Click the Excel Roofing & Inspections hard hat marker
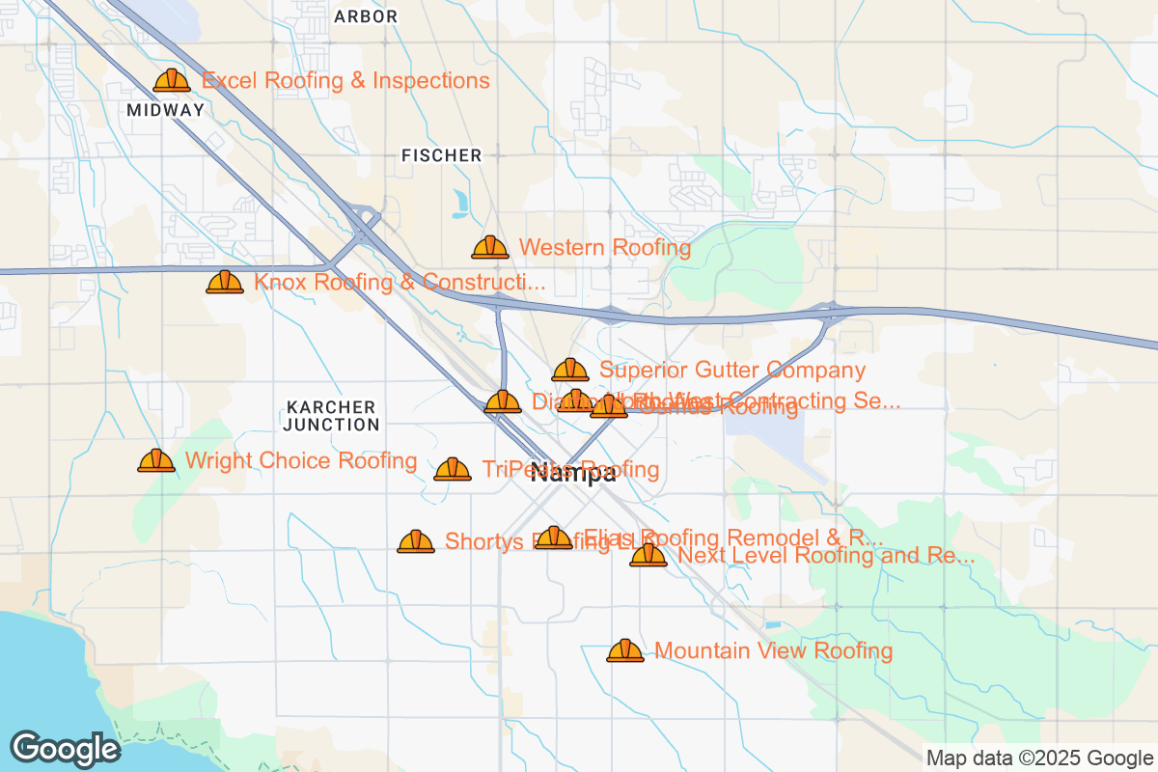coord(172,81)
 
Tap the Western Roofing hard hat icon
coord(490,248)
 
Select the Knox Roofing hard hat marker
coord(225,283)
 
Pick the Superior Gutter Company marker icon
coord(570,370)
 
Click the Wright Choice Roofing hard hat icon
coord(156,461)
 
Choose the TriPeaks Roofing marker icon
coord(453,470)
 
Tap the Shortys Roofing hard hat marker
coord(416,541)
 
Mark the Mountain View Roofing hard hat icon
coord(625,651)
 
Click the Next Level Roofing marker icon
coord(648,555)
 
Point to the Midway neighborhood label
coord(166,110)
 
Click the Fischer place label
coord(441,155)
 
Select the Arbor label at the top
coord(366,16)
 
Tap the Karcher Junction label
coord(332,416)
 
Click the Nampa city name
coord(574,474)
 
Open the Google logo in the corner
coord(66,749)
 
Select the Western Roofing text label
coord(605,248)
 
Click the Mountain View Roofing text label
coord(774,651)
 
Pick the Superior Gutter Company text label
coord(732,370)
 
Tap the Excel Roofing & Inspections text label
coord(346,81)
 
